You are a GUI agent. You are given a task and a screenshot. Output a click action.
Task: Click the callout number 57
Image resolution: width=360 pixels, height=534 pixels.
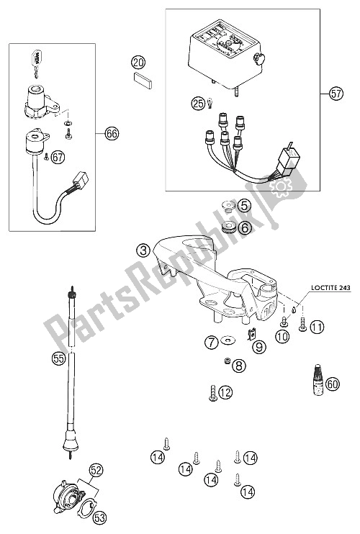tap(336, 93)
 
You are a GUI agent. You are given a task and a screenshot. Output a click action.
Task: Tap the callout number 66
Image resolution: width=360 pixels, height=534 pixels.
tap(112, 134)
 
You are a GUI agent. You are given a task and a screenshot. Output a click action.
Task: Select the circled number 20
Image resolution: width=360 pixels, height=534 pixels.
tap(138, 63)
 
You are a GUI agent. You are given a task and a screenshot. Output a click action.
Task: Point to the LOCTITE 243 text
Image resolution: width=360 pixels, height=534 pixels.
tap(330, 288)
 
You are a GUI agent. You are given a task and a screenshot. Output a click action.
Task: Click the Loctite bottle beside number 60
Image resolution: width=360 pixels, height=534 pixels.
tap(319, 380)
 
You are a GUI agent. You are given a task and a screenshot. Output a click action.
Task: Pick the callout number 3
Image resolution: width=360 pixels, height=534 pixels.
tap(143, 250)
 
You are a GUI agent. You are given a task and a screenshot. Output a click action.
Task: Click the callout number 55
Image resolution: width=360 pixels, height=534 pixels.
tap(58, 358)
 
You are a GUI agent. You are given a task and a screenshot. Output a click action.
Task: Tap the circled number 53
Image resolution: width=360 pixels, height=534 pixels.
tap(99, 518)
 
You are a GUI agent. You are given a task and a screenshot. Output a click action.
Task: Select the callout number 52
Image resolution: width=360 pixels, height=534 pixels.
tap(96, 471)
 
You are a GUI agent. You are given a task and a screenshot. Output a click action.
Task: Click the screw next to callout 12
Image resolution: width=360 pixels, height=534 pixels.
tap(213, 394)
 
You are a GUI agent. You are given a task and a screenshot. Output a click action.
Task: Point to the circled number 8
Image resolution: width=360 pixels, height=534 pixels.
tap(239, 366)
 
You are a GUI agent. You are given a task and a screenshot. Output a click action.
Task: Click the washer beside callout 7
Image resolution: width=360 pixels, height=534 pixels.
tap(225, 340)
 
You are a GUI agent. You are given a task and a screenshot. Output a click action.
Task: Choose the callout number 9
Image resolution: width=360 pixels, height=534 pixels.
tap(259, 347)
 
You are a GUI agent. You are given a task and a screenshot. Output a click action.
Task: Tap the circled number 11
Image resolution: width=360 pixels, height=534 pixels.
tap(317, 327)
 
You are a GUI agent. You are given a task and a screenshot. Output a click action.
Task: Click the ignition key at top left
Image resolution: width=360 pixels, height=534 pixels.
tap(37, 61)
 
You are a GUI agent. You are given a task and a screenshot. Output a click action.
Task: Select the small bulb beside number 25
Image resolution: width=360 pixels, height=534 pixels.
tap(210, 102)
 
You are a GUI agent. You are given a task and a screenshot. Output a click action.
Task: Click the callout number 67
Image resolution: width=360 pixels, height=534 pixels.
tap(58, 157)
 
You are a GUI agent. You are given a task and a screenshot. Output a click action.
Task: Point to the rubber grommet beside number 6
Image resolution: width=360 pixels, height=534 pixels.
tap(229, 227)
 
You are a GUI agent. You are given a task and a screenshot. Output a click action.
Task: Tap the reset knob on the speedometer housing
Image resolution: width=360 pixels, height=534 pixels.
tap(259, 60)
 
